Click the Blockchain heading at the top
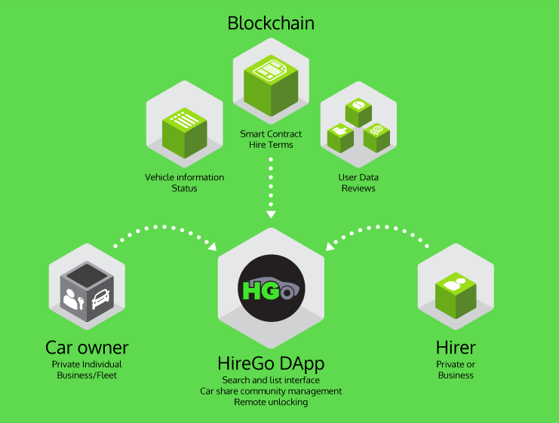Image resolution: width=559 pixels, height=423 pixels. click(271, 23)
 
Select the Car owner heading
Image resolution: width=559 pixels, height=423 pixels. click(87, 348)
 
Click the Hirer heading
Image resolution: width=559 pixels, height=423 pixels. click(456, 348)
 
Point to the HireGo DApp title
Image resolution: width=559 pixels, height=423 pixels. click(271, 364)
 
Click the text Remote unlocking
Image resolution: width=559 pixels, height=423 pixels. click(271, 402)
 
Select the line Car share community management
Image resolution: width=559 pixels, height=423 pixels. click(271, 391)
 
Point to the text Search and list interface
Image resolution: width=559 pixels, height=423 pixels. click(271, 379)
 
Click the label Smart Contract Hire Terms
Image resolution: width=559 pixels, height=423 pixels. click(271, 139)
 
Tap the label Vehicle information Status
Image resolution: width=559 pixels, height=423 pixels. click(184, 182)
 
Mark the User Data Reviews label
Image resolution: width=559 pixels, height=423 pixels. click(358, 182)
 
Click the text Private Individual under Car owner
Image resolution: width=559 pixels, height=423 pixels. click(87, 364)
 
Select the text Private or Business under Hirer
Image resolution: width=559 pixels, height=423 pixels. click(456, 369)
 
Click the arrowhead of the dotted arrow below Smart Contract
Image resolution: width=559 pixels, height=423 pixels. click(271, 207)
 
